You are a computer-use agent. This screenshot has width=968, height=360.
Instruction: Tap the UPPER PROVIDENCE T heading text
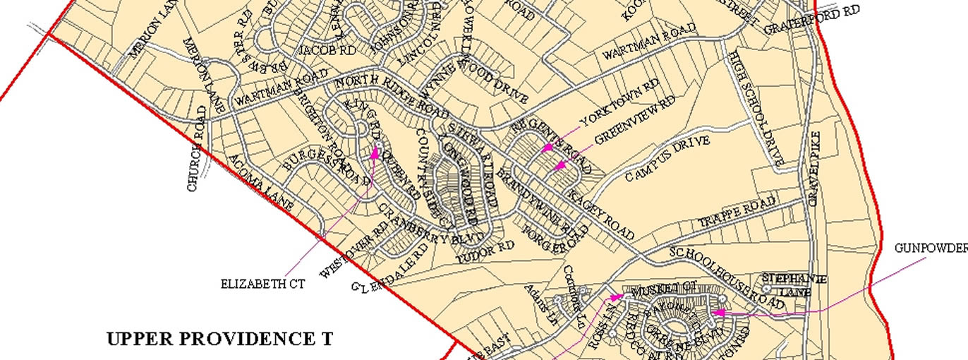(x=219, y=339)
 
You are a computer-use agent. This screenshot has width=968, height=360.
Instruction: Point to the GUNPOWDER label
(x=931, y=248)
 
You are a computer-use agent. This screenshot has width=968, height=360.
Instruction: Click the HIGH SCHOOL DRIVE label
(x=757, y=109)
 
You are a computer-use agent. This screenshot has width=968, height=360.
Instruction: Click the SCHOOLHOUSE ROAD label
(x=727, y=276)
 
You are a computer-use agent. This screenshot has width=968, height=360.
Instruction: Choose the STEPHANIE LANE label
(x=794, y=284)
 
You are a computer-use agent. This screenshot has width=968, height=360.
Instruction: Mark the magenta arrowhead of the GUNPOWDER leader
(x=714, y=312)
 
